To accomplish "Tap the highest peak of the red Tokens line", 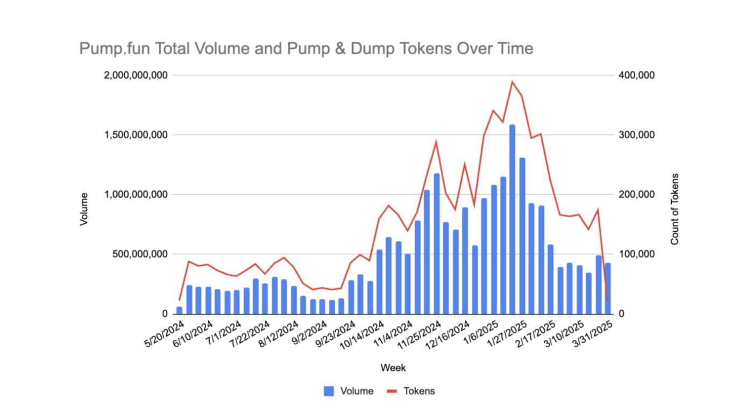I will pyautogui.click(x=512, y=82).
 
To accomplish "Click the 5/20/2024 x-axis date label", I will pyautogui.click(x=165, y=333).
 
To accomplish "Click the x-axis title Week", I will pyautogui.click(x=393, y=368).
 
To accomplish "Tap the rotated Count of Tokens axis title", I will pyautogui.click(x=675, y=209).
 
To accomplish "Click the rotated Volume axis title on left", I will pyautogui.click(x=84, y=209).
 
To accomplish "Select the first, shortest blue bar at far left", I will pyautogui.click(x=179, y=310).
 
